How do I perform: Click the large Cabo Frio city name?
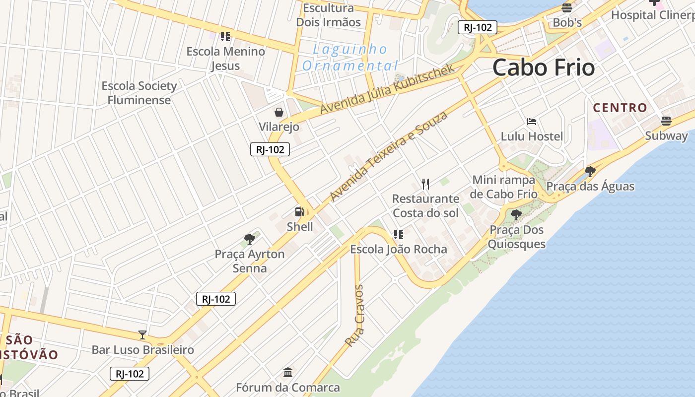click(x=544, y=67)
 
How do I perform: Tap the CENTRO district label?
click(x=620, y=108)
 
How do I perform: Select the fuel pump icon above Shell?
click(x=300, y=212)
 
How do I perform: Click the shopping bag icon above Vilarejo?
click(x=279, y=112)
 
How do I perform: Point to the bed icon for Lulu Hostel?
click(x=532, y=122)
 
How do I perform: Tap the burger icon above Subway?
click(x=666, y=121)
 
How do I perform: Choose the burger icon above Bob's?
click(x=567, y=8)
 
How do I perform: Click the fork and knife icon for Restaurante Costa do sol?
click(x=425, y=184)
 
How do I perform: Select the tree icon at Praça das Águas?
click(x=590, y=172)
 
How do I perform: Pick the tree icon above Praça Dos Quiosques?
click(x=516, y=215)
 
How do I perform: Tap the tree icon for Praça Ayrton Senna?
click(x=250, y=239)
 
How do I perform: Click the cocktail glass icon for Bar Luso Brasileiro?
click(x=142, y=335)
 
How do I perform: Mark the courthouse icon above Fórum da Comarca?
click(x=288, y=372)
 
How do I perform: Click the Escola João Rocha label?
click(x=399, y=249)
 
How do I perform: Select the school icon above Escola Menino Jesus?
click(x=225, y=36)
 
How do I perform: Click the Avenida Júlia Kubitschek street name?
click(x=387, y=89)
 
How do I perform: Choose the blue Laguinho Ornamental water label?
click(x=350, y=57)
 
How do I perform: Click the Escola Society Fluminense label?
click(x=139, y=93)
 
